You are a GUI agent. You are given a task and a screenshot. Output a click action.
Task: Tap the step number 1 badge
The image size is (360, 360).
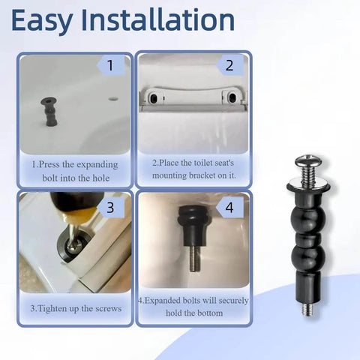(111, 65)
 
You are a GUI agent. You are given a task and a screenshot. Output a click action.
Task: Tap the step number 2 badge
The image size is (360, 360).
(229, 65)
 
